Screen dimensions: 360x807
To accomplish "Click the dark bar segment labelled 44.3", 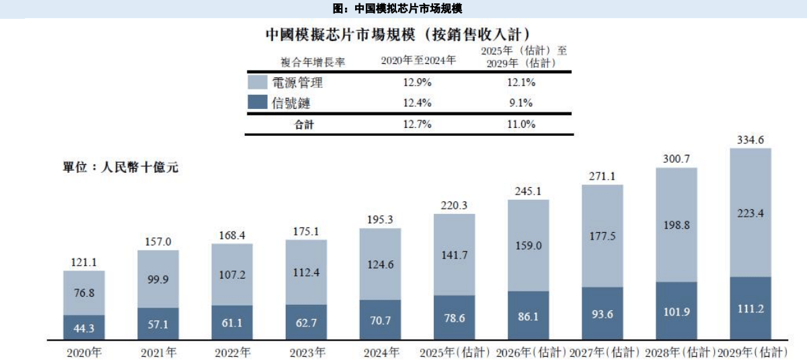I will click(x=84, y=327).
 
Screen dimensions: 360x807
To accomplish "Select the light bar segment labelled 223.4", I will click(x=750, y=213).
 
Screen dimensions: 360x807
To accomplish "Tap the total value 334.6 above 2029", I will click(x=750, y=140).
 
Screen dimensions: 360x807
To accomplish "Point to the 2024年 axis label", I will click(x=381, y=352).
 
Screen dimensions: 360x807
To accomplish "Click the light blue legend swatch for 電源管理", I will click(x=259, y=83).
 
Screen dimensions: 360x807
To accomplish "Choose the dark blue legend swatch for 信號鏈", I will click(x=259, y=103).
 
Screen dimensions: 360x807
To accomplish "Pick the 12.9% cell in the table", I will click(x=417, y=83).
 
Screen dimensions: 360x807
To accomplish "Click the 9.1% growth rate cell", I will click(x=519, y=103).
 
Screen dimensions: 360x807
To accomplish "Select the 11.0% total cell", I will click(x=519, y=124).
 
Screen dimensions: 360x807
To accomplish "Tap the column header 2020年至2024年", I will click(x=418, y=61).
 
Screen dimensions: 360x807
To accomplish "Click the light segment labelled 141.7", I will click(x=455, y=256).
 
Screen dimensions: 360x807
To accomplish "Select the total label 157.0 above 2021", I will click(x=158, y=242).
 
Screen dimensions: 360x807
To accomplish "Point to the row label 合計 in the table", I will click(x=304, y=124).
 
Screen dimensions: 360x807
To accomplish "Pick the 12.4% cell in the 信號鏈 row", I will click(x=417, y=103).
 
